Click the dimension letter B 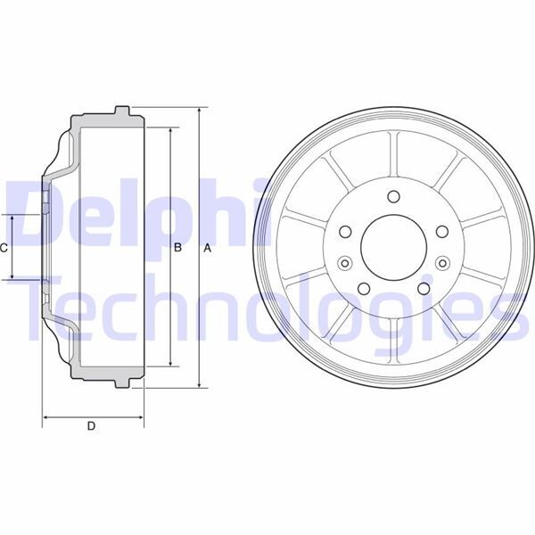pyautogui.click(x=177, y=248)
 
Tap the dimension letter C pyautogui.click(x=4, y=248)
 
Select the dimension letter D pyautogui.click(x=91, y=426)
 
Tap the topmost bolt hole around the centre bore pyautogui.click(x=392, y=199)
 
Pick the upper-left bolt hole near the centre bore pyautogui.click(x=344, y=232)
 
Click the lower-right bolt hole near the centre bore pyautogui.click(x=423, y=288)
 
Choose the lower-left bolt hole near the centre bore pyautogui.click(x=363, y=288)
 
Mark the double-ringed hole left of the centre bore pyautogui.click(x=344, y=263)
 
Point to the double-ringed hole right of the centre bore pyautogui.click(x=441, y=263)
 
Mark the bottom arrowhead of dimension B pyautogui.click(x=169, y=363)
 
